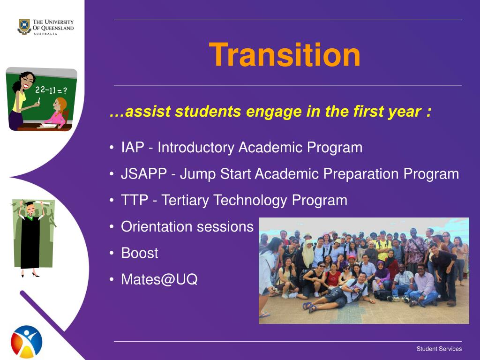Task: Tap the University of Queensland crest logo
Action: click(x=24, y=27)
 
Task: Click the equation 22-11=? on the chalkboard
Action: click(x=51, y=90)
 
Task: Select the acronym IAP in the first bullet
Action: click(x=133, y=147)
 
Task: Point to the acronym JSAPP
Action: click(x=144, y=173)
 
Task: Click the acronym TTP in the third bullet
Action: click(x=135, y=200)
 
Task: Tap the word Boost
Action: click(x=140, y=253)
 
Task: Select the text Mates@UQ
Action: click(x=159, y=279)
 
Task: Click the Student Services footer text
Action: click(x=439, y=349)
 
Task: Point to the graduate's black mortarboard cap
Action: click(x=30, y=203)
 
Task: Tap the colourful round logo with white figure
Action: click(x=26, y=342)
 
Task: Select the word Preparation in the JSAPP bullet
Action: click(x=361, y=174)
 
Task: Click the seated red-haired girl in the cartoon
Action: click(x=57, y=113)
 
